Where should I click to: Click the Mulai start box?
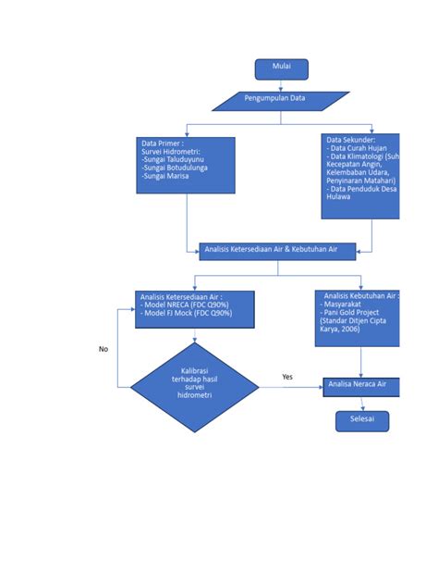pyautogui.click(x=281, y=68)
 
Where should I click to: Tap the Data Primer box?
pyautogui.click(x=185, y=165)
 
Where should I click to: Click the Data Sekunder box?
pyautogui.click(x=360, y=176)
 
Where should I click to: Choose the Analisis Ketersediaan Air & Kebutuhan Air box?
pyautogui.click(x=277, y=251)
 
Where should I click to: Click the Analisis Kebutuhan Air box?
pyautogui.click(x=358, y=317)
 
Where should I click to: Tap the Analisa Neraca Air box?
pyautogui.click(x=361, y=384)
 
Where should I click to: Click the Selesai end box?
pyautogui.click(x=361, y=421)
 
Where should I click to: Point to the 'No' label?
pyautogui.click(x=103, y=349)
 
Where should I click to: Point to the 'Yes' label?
pyautogui.click(x=287, y=377)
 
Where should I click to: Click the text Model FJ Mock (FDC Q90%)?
pyautogui.click(x=188, y=313)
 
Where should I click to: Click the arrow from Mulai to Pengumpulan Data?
pyautogui.click(x=281, y=84)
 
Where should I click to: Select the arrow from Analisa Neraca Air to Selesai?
pyautogui.click(x=361, y=403)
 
